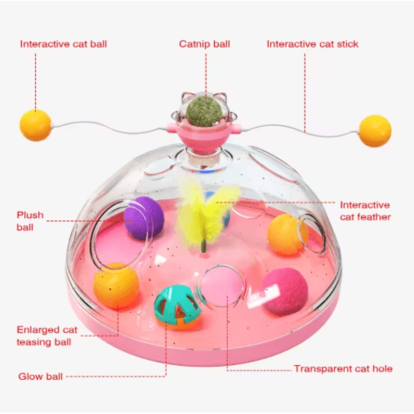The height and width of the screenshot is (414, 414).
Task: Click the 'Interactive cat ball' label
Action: coord(63,44)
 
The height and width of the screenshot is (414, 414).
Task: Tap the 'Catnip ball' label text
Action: coord(204,44)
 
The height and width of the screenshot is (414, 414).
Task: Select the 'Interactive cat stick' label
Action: coord(313,44)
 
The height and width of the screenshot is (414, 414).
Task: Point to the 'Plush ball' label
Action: coord(30,221)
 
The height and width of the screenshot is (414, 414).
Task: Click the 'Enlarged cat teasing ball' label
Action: coord(47,335)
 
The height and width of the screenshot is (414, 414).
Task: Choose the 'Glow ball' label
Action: coord(40,376)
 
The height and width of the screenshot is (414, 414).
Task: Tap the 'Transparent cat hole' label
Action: coord(343,368)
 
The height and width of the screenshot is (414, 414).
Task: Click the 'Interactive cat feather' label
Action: coord(365,211)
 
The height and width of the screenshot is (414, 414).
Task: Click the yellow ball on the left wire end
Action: coord(35,125)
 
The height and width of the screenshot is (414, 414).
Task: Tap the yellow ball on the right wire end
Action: coord(375,131)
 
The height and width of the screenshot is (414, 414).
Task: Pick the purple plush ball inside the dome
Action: coord(144,218)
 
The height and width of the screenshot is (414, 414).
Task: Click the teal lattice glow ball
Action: coord(177,307)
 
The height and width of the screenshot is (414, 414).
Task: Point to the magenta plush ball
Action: coord(285,291)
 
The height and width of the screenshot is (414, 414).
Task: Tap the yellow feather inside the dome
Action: coord(206,211)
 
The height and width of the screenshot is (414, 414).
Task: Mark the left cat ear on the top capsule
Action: coord(187,97)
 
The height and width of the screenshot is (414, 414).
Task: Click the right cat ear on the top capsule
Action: coord(221,97)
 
